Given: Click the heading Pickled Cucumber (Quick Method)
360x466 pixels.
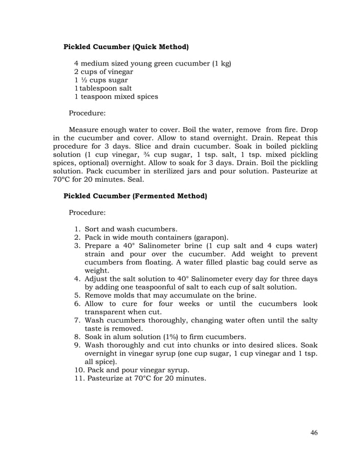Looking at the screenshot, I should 126,46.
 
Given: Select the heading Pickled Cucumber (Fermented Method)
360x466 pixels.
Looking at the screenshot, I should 135,196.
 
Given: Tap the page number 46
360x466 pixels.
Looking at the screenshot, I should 314,433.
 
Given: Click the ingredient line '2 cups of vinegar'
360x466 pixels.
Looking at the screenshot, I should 104,72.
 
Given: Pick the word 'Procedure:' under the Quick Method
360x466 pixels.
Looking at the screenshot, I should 87,113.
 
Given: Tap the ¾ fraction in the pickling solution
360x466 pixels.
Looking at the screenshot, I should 192,155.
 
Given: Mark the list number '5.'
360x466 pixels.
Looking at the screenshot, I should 78,296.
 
